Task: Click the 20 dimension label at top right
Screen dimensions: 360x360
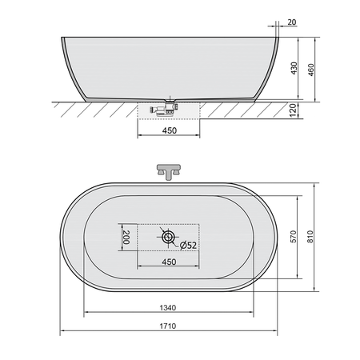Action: pos(292,22)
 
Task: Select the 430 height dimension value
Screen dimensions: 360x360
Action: pos(294,68)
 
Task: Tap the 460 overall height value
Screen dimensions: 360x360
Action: pos(311,70)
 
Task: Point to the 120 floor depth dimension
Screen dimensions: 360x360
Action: pos(293,110)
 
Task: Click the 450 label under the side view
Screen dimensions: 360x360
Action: pos(170,130)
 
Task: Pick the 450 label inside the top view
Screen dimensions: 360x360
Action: pos(169,262)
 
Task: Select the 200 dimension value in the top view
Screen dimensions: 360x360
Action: pos(126,237)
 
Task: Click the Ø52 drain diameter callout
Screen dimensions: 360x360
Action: pos(188,245)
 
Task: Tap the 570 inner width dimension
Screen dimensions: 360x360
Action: pos(293,237)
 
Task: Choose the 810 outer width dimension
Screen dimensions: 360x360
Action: pos(310,237)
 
